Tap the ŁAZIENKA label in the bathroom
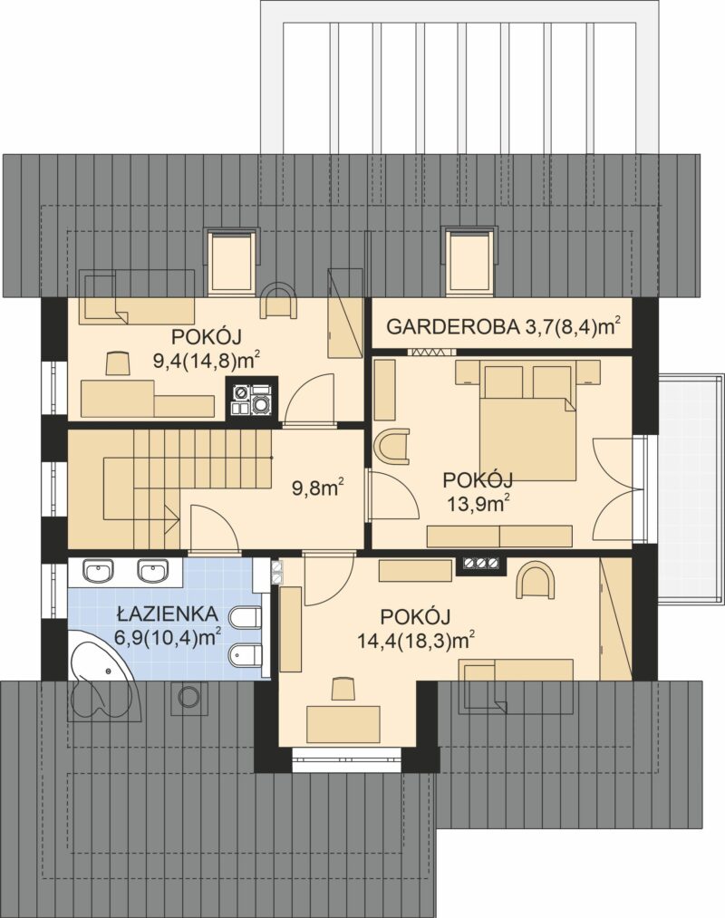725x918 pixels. pyautogui.click(x=168, y=614)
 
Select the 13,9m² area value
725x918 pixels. pyautogui.click(x=478, y=504)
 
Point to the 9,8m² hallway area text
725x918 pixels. pyautogui.click(x=318, y=488)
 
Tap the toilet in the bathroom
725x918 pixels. pyautogui.click(x=245, y=618)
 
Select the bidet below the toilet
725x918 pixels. pyautogui.click(x=245, y=655)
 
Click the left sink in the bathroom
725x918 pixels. pyautogui.click(x=99, y=570)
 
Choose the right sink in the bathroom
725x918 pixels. pyautogui.click(x=153, y=570)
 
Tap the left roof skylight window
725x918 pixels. pyautogui.click(x=233, y=260)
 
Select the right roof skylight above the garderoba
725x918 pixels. pyautogui.click(x=469, y=260)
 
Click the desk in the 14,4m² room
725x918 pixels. pyautogui.click(x=343, y=722)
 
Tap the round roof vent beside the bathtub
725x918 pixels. pyautogui.click(x=188, y=697)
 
